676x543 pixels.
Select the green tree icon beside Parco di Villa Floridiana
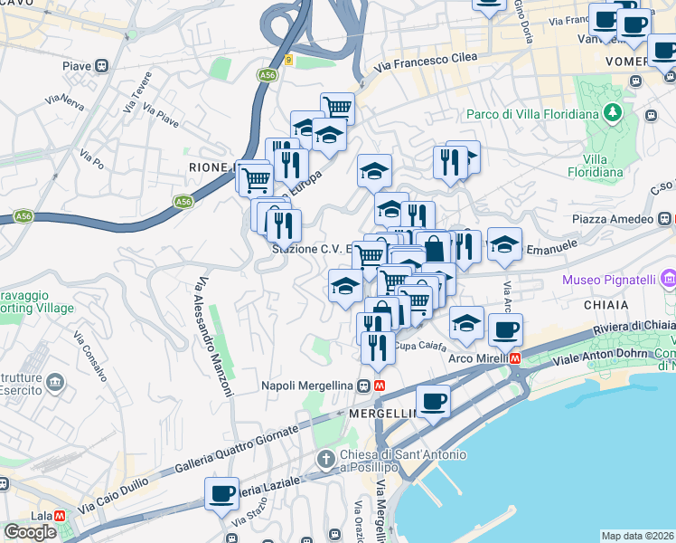click(614, 113)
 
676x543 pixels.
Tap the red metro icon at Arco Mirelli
click(515, 357)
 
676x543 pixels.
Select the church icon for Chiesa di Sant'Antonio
click(326, 461)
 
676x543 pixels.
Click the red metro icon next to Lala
click(60, 515)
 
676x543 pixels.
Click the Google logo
click(30, 532)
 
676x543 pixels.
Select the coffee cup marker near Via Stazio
click(221, 494)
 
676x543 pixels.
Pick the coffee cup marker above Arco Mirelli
click(505, 329)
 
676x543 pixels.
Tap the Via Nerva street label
click(64, 101)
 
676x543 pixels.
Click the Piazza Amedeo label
click(613, 220)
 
